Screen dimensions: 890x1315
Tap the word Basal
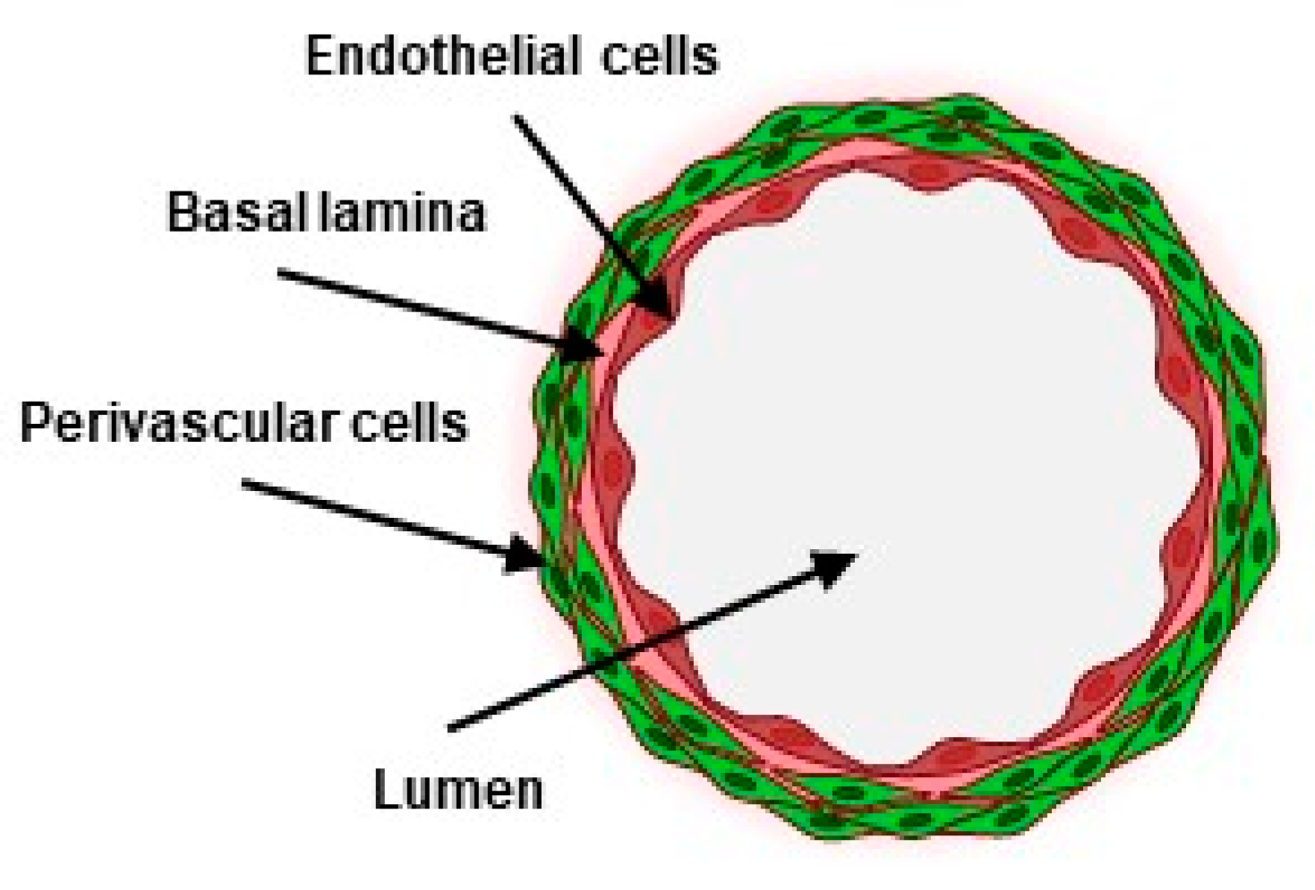point(220,213)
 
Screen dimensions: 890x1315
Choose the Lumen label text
point(457,790)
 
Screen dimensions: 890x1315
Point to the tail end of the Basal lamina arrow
point(279,272)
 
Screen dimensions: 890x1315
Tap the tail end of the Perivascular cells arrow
point(243,483)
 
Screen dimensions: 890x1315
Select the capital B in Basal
point(182,213)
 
